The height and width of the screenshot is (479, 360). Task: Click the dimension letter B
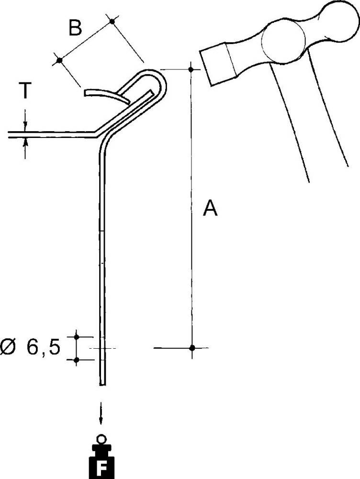click(75, 29)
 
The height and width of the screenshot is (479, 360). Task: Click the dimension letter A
click(210, 208)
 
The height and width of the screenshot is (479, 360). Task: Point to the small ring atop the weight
click(101, 438)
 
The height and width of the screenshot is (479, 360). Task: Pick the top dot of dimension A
click(191, 70)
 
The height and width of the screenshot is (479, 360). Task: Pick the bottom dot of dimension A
click(191, 348)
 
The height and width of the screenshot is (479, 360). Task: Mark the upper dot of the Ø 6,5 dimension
click(76, 338)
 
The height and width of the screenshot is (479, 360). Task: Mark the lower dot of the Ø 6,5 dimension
click(76, 359)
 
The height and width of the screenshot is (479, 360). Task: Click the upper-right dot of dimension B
click(112, 21)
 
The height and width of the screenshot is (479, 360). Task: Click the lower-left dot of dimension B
click(59, 60)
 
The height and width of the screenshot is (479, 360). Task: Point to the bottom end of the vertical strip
click(102, 383)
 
